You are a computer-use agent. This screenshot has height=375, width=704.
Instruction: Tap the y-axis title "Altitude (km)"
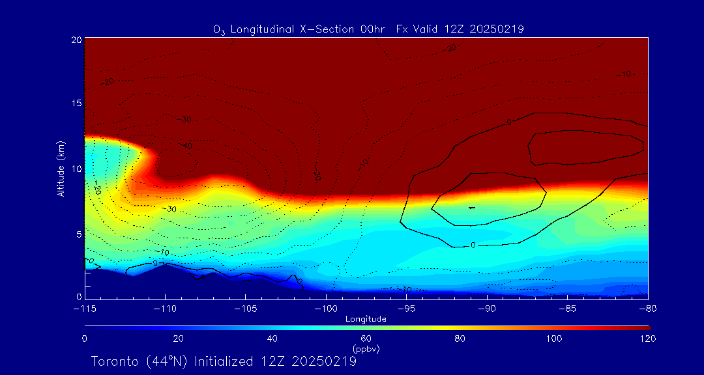(61, 169)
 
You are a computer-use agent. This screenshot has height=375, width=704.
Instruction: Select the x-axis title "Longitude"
(366, 319)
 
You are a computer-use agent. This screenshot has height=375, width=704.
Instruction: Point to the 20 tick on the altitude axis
(76, 40)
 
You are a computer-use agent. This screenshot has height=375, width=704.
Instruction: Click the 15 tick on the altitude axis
(76, 104)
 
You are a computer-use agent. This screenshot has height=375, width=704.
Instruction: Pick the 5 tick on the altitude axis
(78, 233)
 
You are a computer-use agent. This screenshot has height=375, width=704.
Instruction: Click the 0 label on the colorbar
(85, 339)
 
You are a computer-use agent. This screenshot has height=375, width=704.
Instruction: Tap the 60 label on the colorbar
(366, 339)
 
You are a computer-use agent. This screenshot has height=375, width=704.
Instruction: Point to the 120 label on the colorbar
(647, 339)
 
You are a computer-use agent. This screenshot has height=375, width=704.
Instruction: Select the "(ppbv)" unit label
(366, 349)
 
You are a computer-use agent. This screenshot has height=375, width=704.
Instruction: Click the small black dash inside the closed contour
(472, 208)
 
